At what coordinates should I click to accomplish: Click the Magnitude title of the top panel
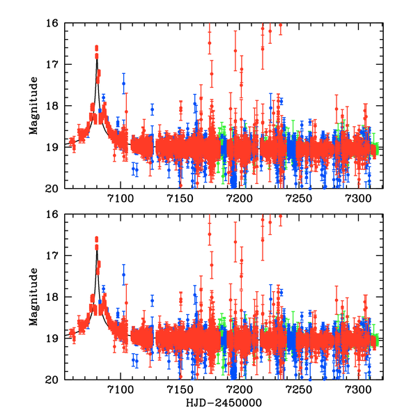tap(33, 106)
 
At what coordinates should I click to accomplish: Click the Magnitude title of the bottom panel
tap(33, 297)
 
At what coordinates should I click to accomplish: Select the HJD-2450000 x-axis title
tap(223, 403)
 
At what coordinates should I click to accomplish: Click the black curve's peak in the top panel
tap(97, 59)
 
